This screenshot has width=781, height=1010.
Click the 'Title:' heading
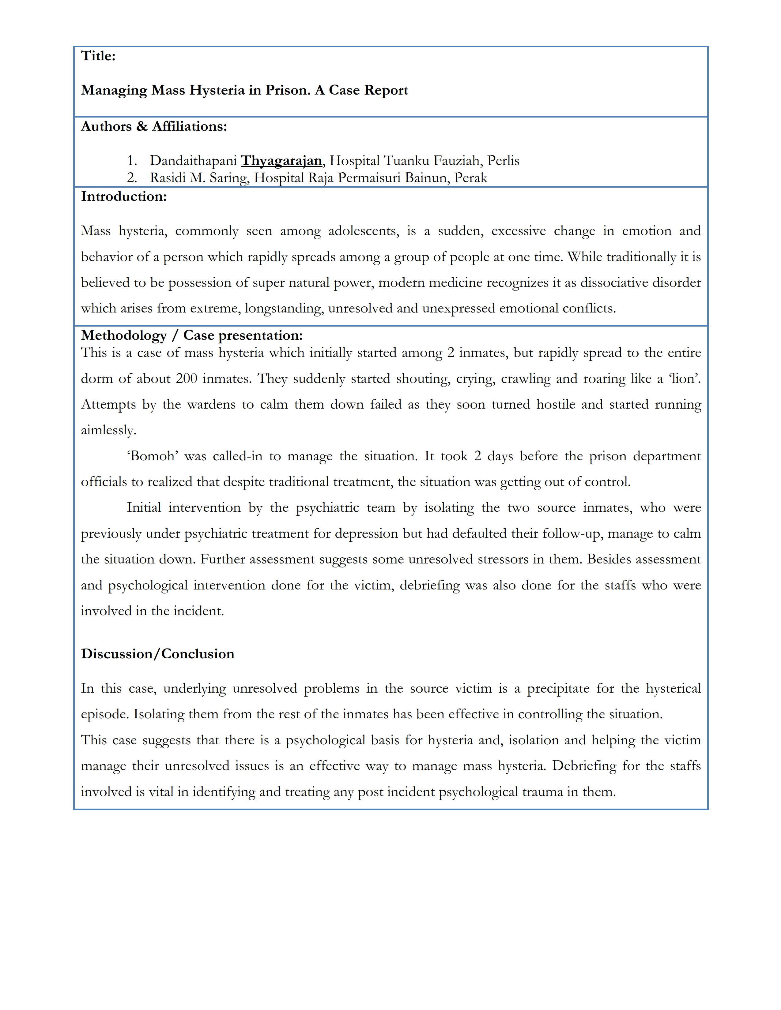(98, 56)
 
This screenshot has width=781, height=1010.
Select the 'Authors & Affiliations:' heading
(154, 126)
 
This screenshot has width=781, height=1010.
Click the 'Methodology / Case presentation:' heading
(191, 335)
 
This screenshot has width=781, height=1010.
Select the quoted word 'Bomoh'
(153, 456)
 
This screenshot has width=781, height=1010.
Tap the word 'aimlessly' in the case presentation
(108, 431)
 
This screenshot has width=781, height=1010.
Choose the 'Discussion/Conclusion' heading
(157, 654)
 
